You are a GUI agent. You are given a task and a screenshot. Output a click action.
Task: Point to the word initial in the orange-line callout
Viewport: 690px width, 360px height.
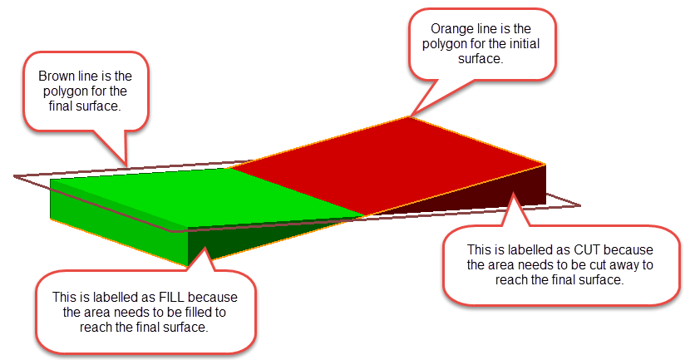pyautogui.click(x=524, y=44)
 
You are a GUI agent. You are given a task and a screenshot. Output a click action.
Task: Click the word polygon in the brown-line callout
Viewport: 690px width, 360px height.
pyautogui.click(x=65, y=92)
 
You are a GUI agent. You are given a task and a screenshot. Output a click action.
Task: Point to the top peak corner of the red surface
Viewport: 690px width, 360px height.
pyautogui.click(x=409, y=116)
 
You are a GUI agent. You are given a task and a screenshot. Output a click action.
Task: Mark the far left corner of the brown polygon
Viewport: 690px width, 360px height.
pyautogui.click(x=14, y=176)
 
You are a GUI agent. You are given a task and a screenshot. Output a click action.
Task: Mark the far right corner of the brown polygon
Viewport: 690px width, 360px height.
pyautogui.click(x=580, y=205)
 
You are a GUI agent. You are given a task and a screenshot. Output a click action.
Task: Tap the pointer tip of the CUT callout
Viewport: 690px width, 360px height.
pyautogui.click(x=513, y=193)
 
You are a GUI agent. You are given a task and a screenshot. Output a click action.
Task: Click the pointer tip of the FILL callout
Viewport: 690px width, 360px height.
pyautogui.click(x=204, y=247)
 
